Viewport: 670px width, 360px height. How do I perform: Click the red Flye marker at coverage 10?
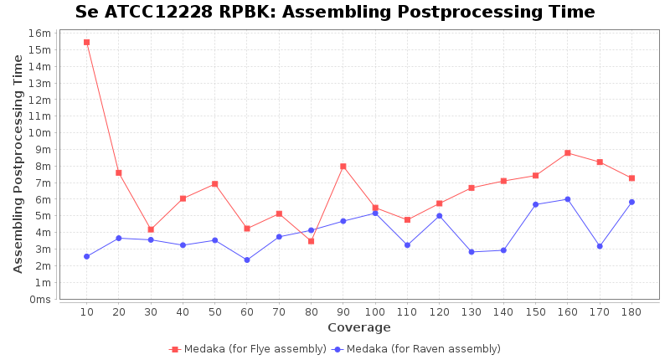click(86, 42)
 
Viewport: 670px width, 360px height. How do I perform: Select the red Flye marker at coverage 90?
click(343, 166)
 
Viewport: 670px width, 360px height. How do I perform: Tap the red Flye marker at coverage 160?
click(568, 153)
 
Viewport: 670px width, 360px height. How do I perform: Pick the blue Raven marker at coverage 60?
click(247, 260)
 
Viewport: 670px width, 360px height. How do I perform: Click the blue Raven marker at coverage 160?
click(568, 199)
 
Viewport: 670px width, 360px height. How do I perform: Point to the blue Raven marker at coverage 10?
click(86, 256)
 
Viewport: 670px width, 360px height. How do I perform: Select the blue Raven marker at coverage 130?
click(472, 251)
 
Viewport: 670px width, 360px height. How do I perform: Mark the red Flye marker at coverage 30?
click(151, 229)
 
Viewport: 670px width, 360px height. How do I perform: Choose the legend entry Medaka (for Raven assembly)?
click(423, 349)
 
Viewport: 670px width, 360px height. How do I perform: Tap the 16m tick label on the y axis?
click(40, 33)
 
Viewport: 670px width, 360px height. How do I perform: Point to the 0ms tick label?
click(39, 299)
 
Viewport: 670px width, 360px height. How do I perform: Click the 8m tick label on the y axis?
click(43, 166)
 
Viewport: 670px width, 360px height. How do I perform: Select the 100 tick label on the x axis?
click(375, 312)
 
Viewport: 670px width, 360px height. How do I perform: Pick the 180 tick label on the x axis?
click(631, 312)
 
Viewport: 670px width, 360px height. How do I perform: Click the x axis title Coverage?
click(358, 327)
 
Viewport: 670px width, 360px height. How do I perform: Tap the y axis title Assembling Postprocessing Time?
click(18, 163)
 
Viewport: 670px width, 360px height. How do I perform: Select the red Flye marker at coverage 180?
click(631, 178)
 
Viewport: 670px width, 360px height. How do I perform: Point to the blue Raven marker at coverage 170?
click(600, 246)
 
